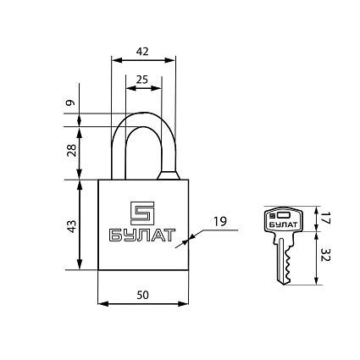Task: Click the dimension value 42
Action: click(x=142, y=52)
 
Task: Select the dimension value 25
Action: click(x=142, y=80)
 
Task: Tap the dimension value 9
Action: click(x=70, y=102)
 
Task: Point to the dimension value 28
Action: click(x=71, y=150)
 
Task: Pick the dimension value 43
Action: click(x=71, y=226)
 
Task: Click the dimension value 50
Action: click(x=142, y=295)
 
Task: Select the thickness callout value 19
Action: click(x=219, y=222)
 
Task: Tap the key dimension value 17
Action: click(x=325, y=219)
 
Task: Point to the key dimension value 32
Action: click(x=325, y=255)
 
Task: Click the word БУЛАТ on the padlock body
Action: click(x=142, y=235)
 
